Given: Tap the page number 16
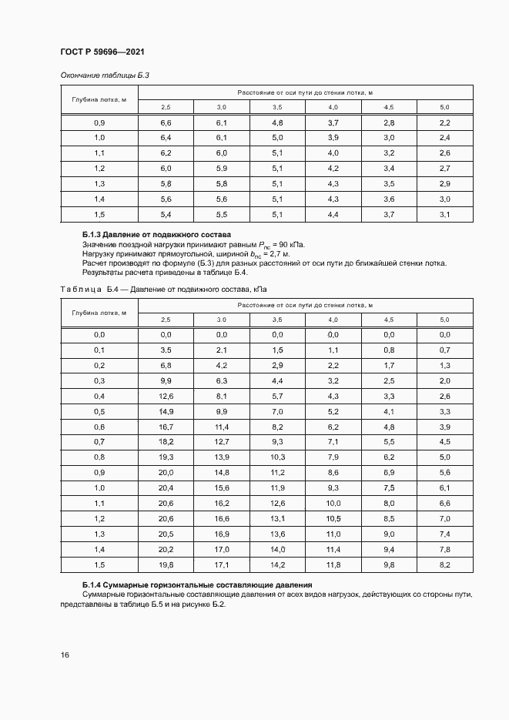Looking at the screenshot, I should (65, 655).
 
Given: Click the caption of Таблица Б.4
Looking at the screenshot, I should (163, 290).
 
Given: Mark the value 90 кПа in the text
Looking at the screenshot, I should (290, 243).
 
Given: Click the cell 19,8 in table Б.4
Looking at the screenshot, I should (166, 564).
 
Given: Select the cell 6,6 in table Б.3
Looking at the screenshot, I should (166, 123).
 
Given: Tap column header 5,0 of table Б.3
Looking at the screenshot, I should (444, 106).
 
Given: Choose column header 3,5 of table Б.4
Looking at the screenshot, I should (277, 320).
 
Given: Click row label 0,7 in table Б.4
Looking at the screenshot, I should (99, 441).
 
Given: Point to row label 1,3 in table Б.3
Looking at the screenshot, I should (99, 183).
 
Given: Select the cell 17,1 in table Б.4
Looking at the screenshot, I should (222, 564).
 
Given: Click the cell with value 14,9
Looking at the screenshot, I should (166, 411).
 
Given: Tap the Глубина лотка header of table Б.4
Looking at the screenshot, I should (99, 312).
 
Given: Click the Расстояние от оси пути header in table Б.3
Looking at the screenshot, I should (305, 92).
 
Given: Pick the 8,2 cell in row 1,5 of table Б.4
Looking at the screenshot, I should (444, 564).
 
